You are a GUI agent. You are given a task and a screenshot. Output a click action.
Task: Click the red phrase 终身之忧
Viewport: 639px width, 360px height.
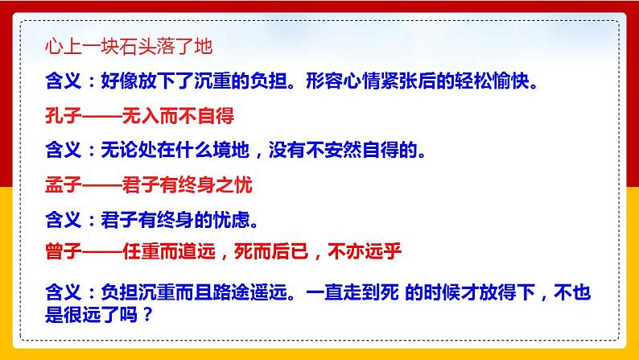(x=219, y=184)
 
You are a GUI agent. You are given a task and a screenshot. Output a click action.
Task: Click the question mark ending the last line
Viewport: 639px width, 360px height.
(x=146, y=312)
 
